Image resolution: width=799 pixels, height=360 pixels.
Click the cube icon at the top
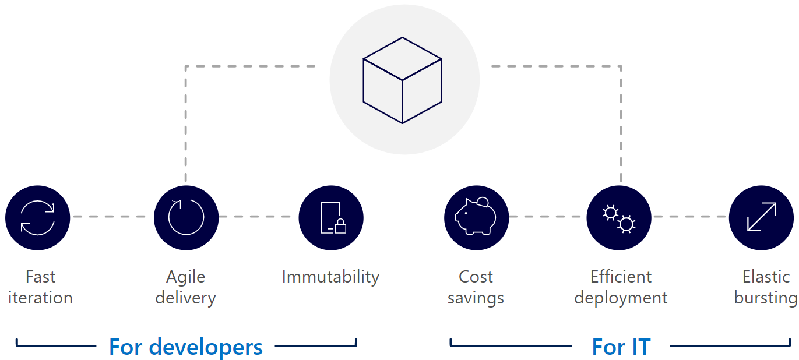coord(403,80)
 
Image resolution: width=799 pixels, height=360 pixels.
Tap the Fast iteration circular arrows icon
coord(38,218)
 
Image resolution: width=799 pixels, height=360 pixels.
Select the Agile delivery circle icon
coord(186,218)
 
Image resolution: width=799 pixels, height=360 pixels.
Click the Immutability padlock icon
coord(331,218)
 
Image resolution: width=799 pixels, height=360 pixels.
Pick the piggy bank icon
coord(476,218)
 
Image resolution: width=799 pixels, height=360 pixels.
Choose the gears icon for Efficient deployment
coord(618,218)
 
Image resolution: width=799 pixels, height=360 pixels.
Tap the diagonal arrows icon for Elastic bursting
coord(762,218)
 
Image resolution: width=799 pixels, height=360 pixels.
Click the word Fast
coord(40,277)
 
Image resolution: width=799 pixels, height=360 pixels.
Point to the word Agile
coord(185,277)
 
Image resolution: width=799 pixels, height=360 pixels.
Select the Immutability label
coord(330,277)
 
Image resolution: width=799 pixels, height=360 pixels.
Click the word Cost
coord(476,277)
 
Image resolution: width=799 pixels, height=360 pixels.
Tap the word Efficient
coord(621,277)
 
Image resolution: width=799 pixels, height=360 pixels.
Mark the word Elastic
coord(766,277)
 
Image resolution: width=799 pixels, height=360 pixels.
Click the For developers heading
coord(186,347)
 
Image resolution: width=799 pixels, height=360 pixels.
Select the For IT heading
coord(621,347)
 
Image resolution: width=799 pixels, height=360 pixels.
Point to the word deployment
coord(621,298)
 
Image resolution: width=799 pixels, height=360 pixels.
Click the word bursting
coord(765,298)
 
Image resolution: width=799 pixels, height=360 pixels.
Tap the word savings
coord(476,298)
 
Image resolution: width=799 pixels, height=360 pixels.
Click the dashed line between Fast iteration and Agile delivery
coord(112,217)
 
